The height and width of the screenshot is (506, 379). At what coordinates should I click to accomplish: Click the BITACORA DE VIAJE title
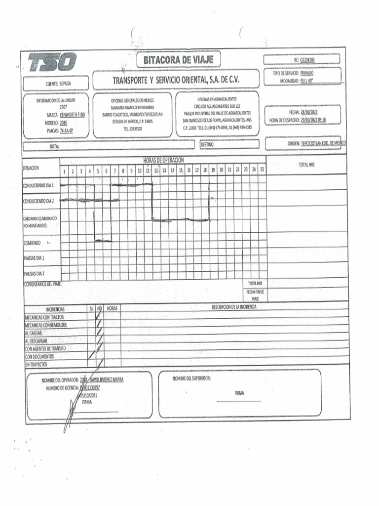pos(179,60)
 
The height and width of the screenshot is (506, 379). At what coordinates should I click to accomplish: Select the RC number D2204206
pos(307,60)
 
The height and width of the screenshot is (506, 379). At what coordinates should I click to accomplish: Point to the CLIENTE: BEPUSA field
pos(58,84)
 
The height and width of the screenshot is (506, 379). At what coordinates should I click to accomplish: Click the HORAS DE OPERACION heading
pos(163,160)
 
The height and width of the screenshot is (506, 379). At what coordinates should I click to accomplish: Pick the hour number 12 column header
pos(156,170)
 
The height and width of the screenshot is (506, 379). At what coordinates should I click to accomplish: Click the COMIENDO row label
pos(33,243)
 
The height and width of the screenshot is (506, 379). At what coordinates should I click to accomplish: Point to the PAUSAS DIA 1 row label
pos(35,258)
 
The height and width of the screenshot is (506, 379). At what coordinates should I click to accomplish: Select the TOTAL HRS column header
pos(306,165)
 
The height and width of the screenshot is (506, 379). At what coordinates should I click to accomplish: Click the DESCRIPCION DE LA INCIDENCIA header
pos(234,307)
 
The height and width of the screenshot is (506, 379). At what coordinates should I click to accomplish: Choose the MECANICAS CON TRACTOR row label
pos(44,317)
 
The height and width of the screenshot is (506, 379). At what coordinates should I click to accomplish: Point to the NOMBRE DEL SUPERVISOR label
pos(192,379)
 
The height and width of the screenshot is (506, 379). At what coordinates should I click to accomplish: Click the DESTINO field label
pos(208,144)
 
